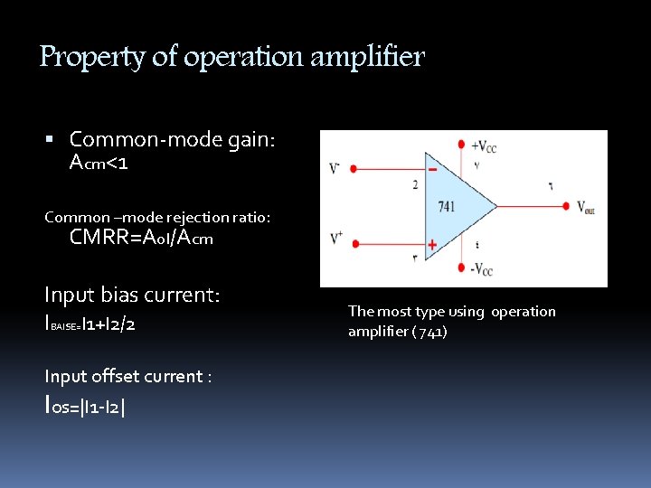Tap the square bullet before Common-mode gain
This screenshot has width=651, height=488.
(x=51, y=140)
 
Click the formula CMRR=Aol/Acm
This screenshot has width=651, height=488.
(x=141, y=238)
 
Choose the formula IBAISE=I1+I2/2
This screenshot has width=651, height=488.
(x=90, y=324)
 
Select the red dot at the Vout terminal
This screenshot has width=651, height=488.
(x=567, y=206)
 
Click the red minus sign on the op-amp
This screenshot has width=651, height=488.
(x=433, y=169)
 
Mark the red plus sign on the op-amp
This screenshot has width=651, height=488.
(x=432, y=244)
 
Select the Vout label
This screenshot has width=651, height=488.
(x=587, y=207)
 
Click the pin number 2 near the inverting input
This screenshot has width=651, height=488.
(x=415, y=185)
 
